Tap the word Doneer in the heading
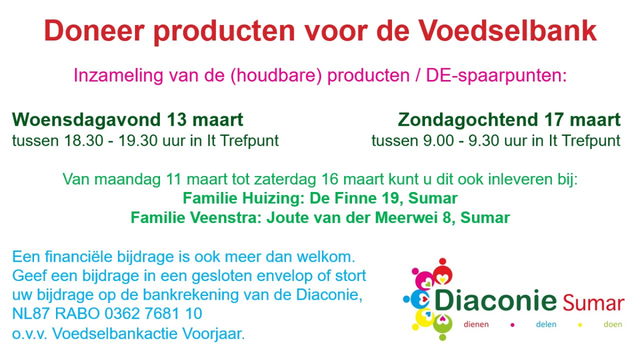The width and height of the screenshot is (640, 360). click(94, 31)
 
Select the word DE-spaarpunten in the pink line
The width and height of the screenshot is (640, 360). click(497, 76)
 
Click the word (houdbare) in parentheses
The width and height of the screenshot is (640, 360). click(276, 76)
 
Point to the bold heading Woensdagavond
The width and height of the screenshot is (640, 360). click(86, 119)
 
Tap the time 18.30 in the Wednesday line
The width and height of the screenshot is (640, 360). click(84, 141)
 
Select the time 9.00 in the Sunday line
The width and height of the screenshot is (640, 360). click(438, 141)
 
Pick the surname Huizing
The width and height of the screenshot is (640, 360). click(273, 198)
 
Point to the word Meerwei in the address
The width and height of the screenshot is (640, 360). click(406, 218)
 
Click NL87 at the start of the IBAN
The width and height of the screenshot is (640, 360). click(31, 314)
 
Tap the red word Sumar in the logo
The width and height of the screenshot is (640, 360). click(594, 303)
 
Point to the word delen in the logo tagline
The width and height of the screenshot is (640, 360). click(546, 324)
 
